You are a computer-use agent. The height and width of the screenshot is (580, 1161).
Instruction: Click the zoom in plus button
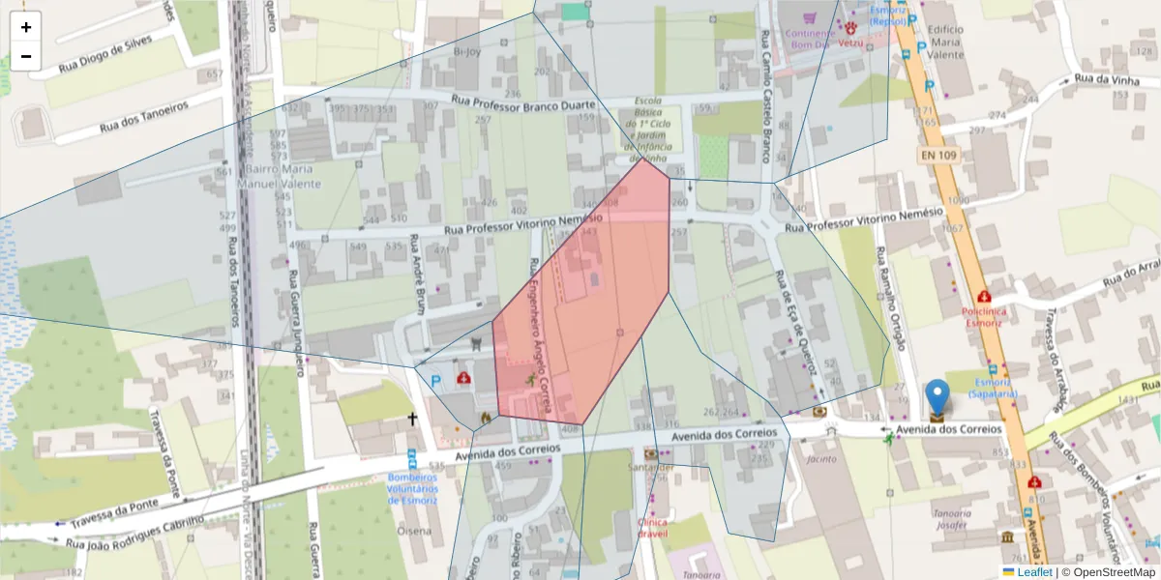point(26,27)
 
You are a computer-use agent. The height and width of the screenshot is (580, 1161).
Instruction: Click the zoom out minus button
point(26,56)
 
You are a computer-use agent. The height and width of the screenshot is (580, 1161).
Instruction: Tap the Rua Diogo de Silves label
point(105,54)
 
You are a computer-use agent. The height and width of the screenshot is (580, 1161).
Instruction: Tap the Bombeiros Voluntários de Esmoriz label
point(413,488)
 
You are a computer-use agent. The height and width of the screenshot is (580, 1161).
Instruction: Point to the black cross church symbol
point(412,420)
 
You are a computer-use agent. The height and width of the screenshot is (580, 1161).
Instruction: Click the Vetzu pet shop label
point(850,43)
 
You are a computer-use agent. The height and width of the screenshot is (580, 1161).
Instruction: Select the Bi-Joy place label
point(466,51)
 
